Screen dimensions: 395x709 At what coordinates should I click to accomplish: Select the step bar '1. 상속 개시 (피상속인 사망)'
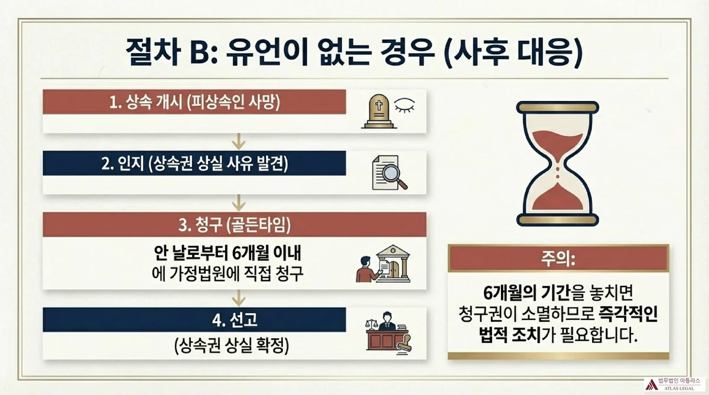click(x=194, y=102)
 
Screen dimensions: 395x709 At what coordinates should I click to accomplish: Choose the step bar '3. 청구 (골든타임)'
click(x=236, y=225)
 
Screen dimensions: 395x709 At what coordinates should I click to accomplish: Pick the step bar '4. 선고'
click(x=194, y=320)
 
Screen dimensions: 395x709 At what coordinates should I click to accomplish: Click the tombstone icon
click(x=376, y=112)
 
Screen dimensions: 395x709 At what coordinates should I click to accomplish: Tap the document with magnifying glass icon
click(x=389, y=173)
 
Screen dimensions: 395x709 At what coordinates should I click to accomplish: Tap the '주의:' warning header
click(x=558, y=259)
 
